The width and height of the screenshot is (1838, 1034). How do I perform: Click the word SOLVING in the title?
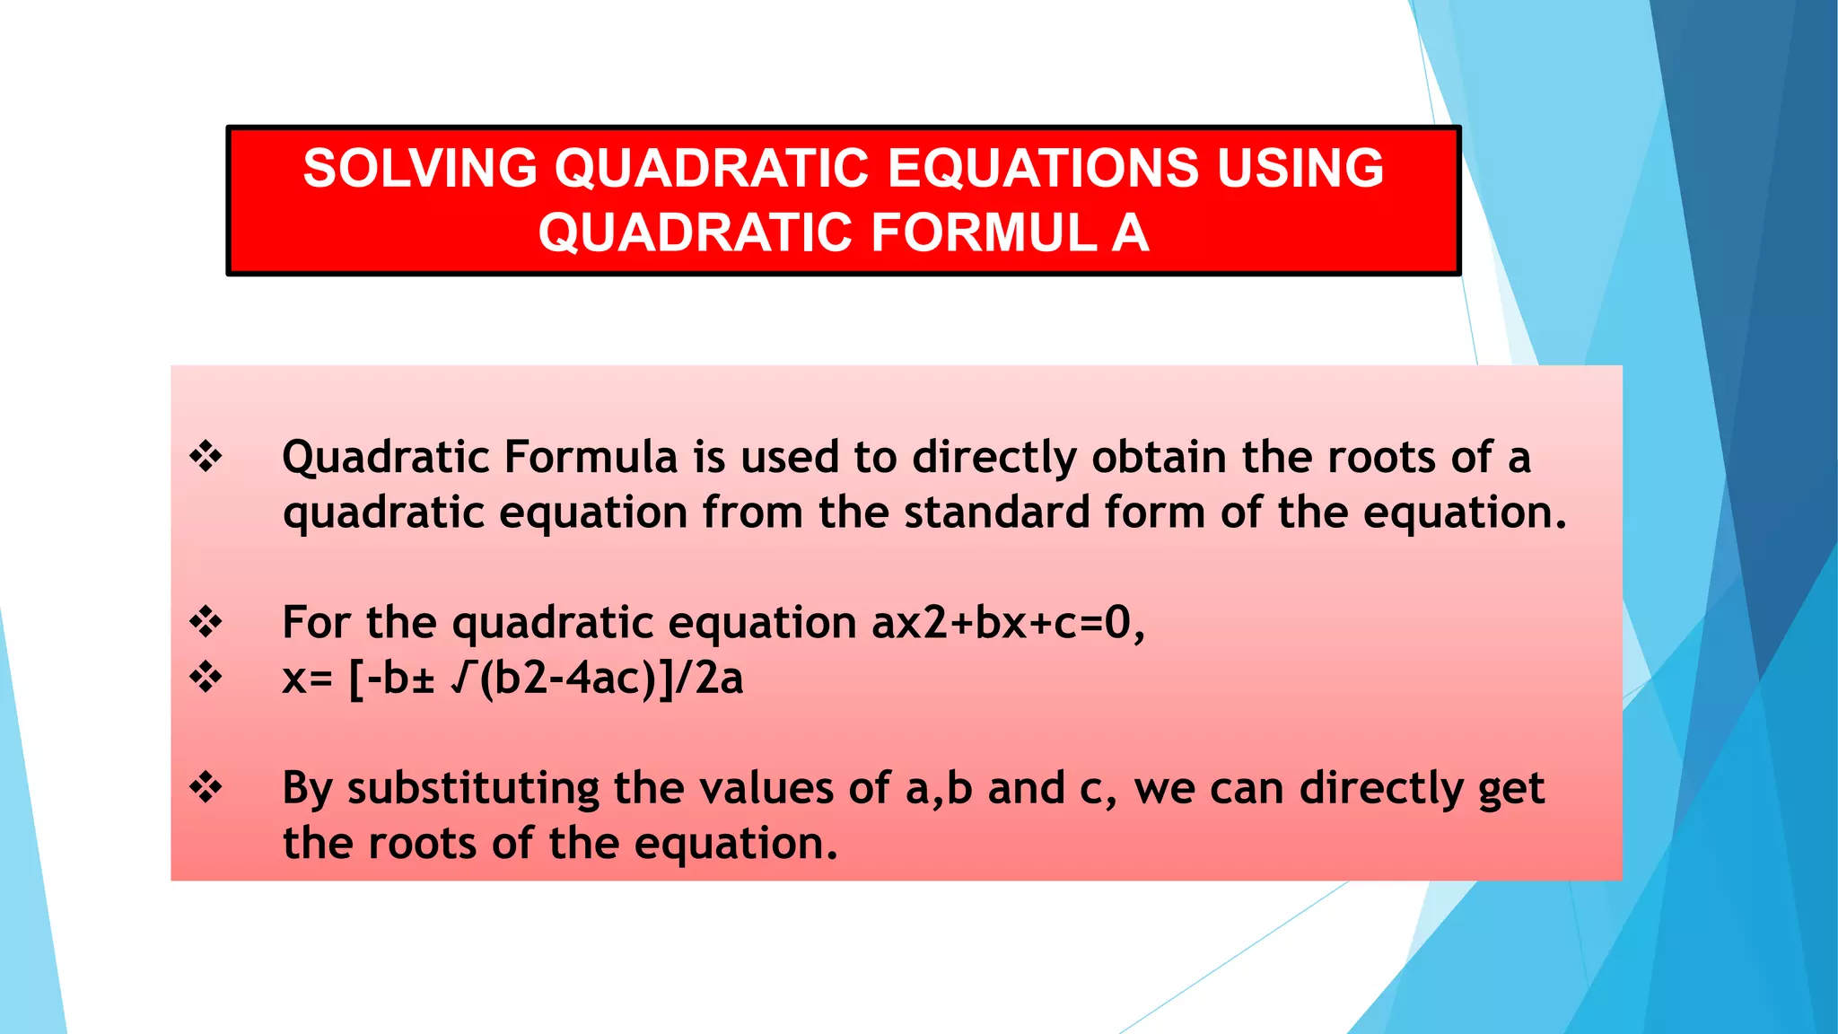pos(420,168)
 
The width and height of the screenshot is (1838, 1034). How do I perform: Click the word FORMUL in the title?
pos(984,232)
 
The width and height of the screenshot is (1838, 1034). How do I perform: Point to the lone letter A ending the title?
pos(1130,232)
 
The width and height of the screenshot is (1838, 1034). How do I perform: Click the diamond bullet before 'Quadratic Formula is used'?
pos(206,457)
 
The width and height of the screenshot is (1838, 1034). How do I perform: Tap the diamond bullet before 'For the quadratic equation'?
pos(206,622)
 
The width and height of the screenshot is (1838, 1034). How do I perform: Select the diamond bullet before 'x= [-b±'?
pos(206,677)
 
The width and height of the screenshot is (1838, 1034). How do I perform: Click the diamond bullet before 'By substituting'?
pos(206,788)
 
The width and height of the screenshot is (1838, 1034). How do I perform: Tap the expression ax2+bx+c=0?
pos(1008,622)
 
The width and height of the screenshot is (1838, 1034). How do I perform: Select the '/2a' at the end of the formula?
pos(708,678)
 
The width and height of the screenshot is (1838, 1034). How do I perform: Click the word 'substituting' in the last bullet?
pos(473,789)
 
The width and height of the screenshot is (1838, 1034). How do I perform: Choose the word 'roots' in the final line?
pos(421,843)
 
